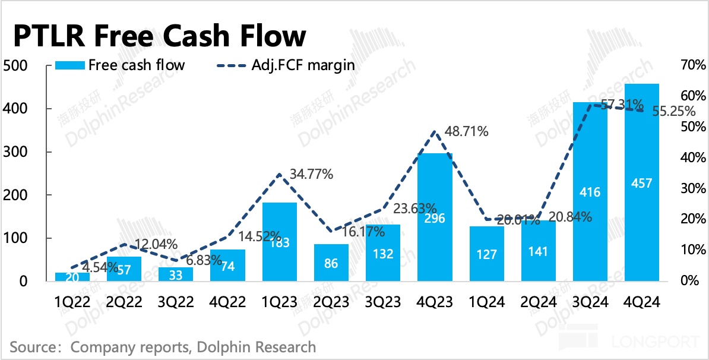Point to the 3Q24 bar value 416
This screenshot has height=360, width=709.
pyautogui.click(x=590, y=192)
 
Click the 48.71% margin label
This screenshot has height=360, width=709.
pyautogui.click(x=467, y=132)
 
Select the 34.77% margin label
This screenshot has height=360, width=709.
pyautogui.click(x=311, y=175)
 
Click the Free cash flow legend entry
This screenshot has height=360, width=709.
pyautogui.click(x=120, y=65)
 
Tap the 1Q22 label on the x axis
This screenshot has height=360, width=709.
pyautogui.click(x=72, y=302)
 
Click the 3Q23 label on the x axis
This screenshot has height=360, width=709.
pyautogui.click(x=383, y=302)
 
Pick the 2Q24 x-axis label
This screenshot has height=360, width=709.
pyautogui.click(x=539, y=302)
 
